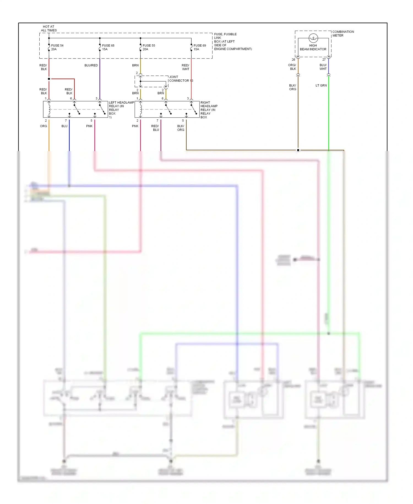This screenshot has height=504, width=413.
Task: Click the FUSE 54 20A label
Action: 57,47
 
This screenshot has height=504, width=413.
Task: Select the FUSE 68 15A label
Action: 108,47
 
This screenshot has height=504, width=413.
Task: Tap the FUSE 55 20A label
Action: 149,47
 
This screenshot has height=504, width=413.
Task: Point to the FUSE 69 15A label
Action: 199,47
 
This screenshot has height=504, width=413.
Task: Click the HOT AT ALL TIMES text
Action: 49,29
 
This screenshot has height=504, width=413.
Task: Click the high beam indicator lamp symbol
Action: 313,38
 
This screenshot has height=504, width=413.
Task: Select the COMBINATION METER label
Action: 343,34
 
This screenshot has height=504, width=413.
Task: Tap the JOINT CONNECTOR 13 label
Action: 181,79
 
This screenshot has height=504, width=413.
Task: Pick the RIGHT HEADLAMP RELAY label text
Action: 208,109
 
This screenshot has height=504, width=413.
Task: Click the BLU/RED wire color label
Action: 91,66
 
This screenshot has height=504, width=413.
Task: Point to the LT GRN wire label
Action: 321,85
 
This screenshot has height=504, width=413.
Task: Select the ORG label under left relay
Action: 44,126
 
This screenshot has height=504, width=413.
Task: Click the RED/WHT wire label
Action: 185,67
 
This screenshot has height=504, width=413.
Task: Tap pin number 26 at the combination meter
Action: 294,60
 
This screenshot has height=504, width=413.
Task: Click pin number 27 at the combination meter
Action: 324,60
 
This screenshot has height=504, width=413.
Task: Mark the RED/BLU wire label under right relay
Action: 155,128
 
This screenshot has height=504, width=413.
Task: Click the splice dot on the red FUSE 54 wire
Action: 49,79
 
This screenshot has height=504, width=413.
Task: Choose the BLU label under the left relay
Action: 64,126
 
